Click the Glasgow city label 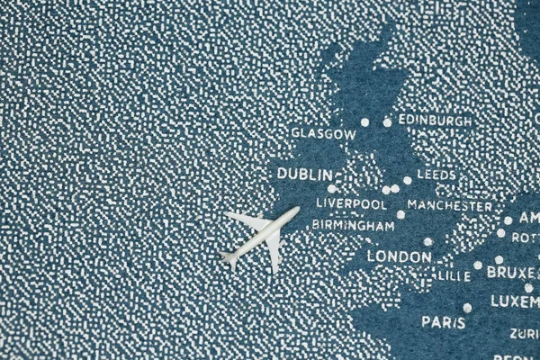pos(323,133)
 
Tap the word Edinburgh pos(435,120)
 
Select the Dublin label pos(305,174)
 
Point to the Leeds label pos(436,174)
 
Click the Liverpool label pos(351,203)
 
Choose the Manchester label pos(450,205)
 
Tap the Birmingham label pos(353,225)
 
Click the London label pos(399,256)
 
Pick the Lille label pos(454,275)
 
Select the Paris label pos(444,321)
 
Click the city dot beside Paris pos(467,308)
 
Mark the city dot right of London pos(427,241)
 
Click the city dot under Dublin pos(331,188)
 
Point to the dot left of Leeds pos(407,180)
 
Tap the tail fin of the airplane pos(229,259)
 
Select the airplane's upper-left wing pos(245,219)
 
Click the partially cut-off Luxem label pos(515,301)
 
